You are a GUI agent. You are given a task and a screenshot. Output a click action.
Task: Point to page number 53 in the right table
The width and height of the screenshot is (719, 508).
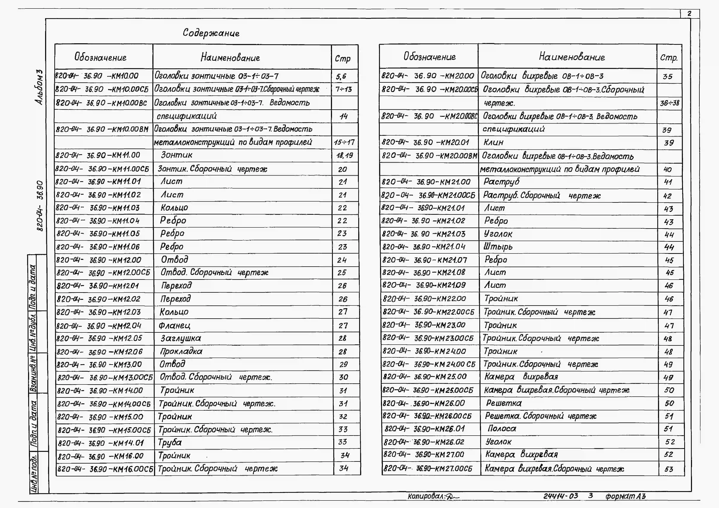coord(669,469)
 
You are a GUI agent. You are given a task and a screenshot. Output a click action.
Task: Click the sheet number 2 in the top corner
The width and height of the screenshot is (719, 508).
coord(689,14)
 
